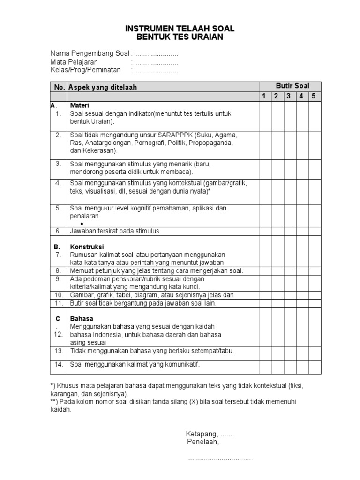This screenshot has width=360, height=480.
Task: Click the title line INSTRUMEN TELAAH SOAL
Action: coord(180,29)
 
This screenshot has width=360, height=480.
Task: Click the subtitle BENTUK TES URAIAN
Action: coord(180,37)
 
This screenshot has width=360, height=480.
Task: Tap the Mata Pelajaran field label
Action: coord(74,62)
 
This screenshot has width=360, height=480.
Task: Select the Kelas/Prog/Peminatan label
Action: coord(85,70)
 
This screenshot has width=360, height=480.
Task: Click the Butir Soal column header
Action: coord(291,86)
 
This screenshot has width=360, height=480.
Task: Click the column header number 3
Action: coord(289,97)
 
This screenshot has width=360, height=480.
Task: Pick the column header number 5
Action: coord(314,97)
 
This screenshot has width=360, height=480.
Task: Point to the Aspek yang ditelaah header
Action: coord(103,87)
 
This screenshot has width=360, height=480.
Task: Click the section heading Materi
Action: coord(79,105)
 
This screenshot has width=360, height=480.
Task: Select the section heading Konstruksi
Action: coord(87,247)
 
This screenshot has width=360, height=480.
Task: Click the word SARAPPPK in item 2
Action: coord(174,135)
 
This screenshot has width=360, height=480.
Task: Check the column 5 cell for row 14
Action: coord(315,367)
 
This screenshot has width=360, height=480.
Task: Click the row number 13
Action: coord(59,351)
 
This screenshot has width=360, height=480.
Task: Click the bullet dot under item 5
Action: coord(88,224)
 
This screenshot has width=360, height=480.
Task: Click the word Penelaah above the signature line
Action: coord(202,442)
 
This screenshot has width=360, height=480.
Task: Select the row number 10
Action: coord(59,295)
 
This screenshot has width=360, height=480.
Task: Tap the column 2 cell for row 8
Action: coord(277,271)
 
